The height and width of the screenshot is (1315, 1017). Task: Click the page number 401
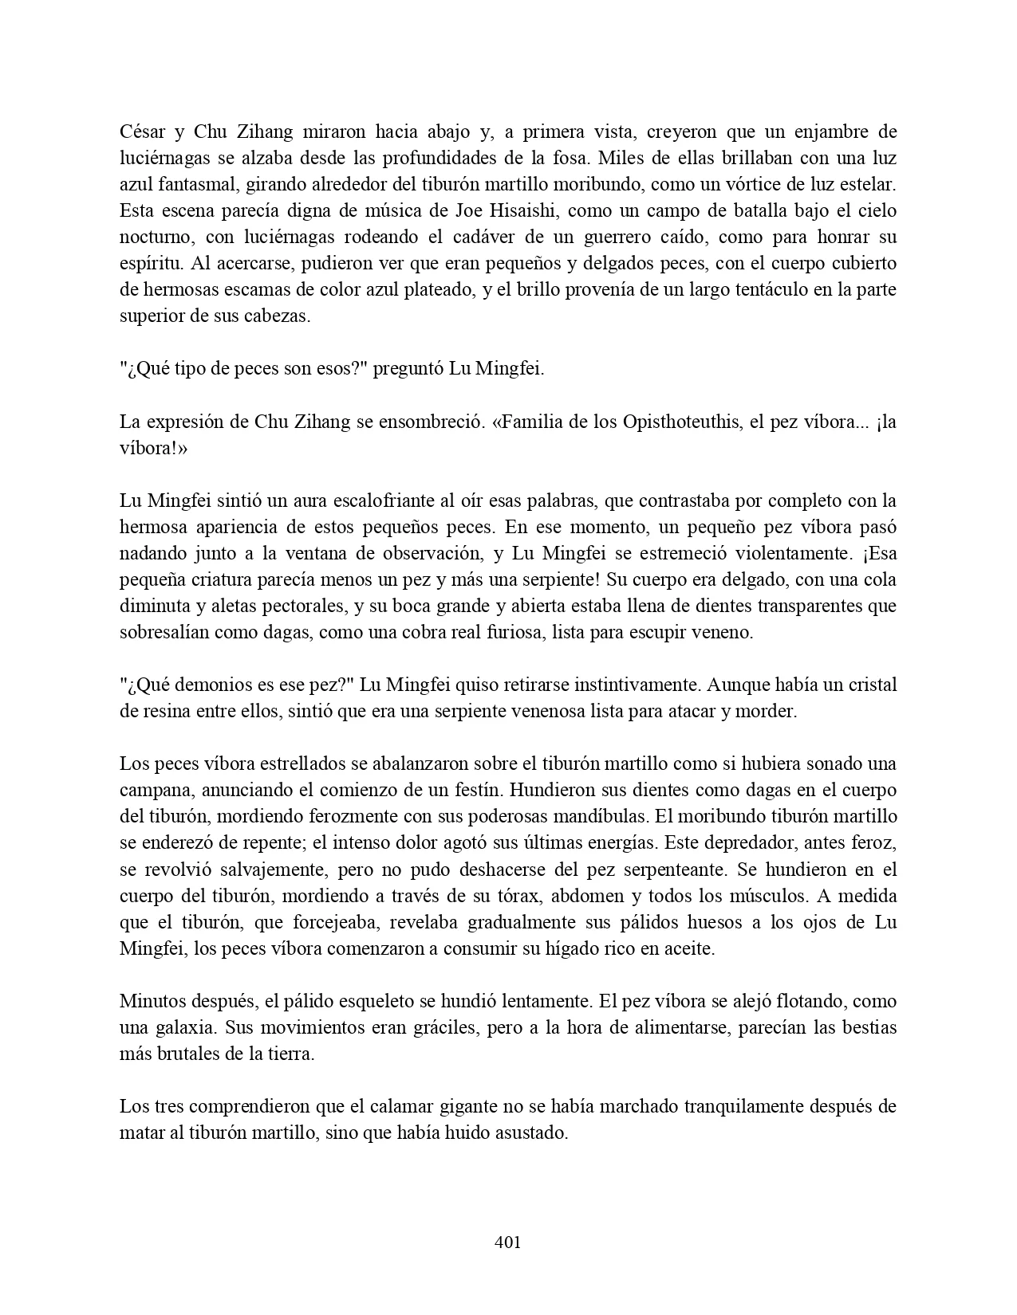click(x=508, y=1242)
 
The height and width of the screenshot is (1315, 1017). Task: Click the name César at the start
click(x=141, y=131)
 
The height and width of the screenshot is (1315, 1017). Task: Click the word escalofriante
click(x=380, y=500)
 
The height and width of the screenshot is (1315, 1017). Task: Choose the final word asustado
click(x=533, y=1132)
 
